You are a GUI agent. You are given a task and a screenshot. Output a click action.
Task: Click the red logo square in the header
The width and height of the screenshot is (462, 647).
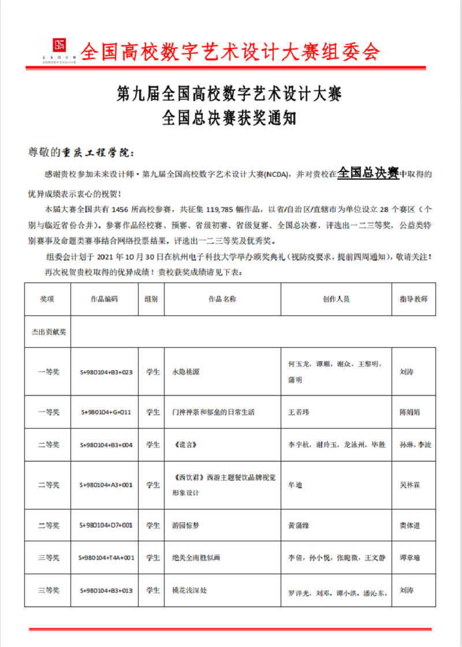[x=58, y=44]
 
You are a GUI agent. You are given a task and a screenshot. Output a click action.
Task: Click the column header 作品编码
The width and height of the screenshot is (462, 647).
[x=104, y=299]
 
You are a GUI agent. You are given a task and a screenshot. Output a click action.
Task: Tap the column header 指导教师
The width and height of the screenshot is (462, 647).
[x=413, y=299]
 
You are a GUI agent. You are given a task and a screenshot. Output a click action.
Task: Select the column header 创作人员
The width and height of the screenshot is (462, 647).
[x=336, y=299]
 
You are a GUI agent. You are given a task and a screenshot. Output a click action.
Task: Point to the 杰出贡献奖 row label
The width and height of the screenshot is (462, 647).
[x=49, y=332]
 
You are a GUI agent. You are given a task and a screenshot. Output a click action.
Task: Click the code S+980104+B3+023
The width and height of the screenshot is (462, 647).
[x=106, y=372]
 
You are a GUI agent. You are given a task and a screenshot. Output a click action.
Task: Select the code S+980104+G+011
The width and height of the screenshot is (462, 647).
[x=106, y=412]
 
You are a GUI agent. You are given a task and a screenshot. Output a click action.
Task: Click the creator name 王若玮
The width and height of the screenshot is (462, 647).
[x=299, y=412]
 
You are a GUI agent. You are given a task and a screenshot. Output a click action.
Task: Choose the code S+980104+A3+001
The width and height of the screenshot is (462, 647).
[x=106, y=485]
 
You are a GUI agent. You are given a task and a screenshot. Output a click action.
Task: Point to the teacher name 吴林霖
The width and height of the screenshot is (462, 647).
[x=410, y=485]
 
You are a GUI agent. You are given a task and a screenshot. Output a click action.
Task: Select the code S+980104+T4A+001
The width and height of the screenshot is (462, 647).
[x=106, y=558]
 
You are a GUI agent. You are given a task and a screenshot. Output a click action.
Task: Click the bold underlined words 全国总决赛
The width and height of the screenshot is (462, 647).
[x=368, y=173]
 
